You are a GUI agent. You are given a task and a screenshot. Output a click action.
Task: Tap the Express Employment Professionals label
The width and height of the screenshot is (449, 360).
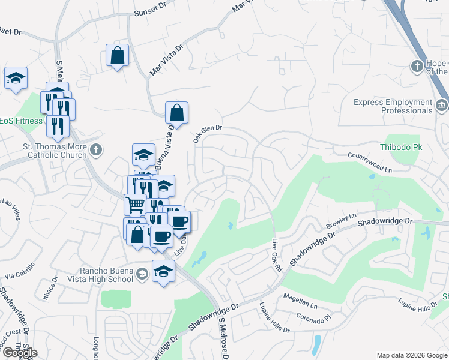393,106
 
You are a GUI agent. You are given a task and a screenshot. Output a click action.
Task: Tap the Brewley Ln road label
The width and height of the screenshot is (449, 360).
341,219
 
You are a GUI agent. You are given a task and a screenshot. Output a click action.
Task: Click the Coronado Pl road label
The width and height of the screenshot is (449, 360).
314,316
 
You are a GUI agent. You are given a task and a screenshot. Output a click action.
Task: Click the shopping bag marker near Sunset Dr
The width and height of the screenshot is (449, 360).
117,55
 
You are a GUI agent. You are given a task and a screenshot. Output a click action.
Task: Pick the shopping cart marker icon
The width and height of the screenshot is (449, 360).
135,205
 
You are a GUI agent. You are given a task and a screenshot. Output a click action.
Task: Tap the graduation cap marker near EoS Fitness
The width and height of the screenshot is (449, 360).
16,77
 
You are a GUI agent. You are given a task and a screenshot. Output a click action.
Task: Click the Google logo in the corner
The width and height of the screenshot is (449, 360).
19,353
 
